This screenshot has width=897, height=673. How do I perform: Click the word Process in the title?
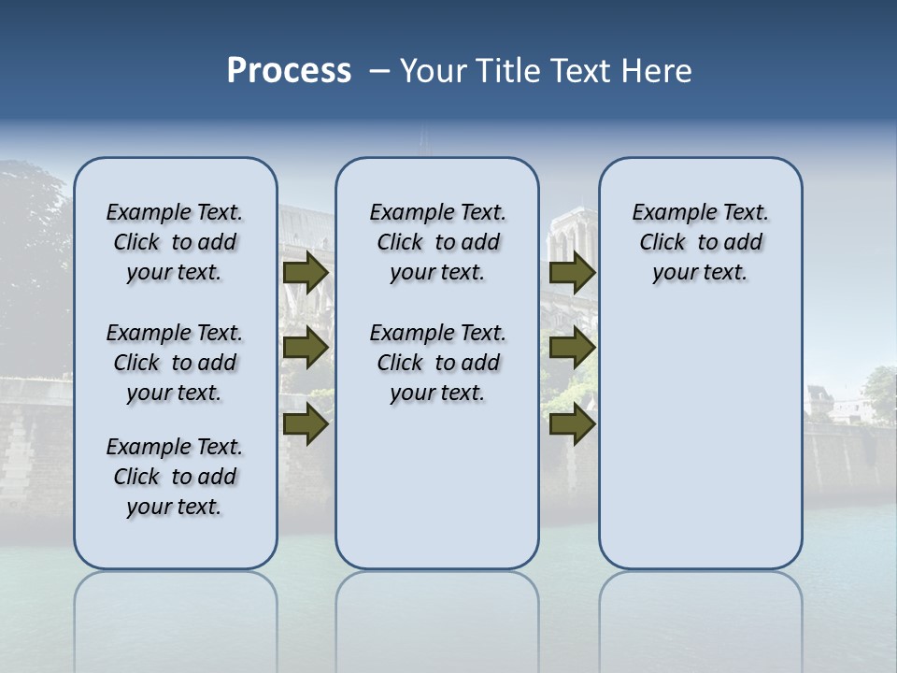click(289, 71)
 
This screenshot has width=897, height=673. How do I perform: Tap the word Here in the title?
click(658, 71)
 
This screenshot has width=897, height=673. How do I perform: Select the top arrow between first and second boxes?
click(305, 272)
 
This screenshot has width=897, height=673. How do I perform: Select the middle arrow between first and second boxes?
click(305, 348)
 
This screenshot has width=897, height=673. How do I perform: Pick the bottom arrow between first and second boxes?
click(305, 424)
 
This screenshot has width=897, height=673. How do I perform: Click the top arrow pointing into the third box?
click(572, 272)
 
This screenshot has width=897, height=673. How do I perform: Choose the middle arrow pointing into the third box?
click(572, 348)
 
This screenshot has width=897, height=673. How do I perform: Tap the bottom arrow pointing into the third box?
click(572, 424)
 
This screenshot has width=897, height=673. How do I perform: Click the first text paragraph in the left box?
click(175, 242)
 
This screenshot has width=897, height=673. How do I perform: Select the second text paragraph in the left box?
click(175, 363)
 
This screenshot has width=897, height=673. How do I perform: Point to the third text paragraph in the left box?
click(175, 477)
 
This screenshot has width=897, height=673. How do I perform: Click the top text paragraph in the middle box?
click(437, 242)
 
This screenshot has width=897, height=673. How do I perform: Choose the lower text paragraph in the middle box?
click(437, 363)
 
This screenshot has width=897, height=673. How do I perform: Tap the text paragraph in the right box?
click(700, 242)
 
